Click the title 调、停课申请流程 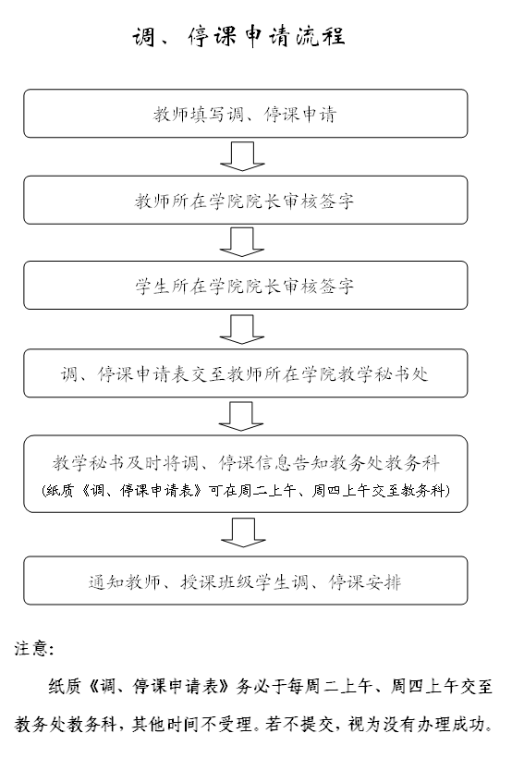[238, 36]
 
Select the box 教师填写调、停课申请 [246, 113]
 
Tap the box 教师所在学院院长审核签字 [246, 200]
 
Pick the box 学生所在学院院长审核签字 [246, 286]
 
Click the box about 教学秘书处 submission [246, 373]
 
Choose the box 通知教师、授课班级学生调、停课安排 [246, 581]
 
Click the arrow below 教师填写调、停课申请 [242, 156]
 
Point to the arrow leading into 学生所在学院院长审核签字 [242, 241]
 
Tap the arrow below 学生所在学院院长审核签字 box [242, 329]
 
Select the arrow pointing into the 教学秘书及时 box [241, 416]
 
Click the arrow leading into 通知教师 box [243, 532]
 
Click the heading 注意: [34, 648]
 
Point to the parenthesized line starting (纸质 [246, 491]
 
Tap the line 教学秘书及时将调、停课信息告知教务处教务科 [246, 462]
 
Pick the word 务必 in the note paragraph [252, 686]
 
